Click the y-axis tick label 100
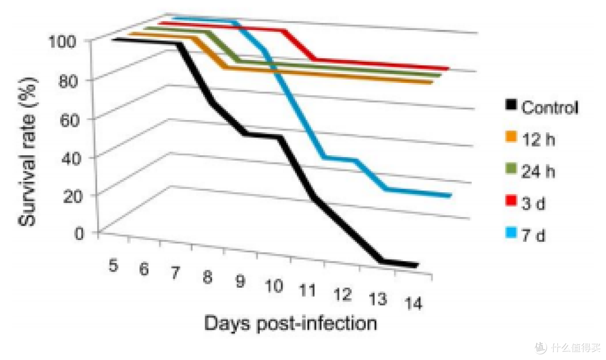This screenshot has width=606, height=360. [x=62, y=41]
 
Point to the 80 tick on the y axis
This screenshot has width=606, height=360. [x=68, y=81]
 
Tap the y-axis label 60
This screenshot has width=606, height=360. [x=70, y=120]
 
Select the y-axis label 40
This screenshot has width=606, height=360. [x=71, y=158]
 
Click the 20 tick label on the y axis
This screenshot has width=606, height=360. [x=73, y=196]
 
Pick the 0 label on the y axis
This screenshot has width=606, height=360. [x=79, y=233]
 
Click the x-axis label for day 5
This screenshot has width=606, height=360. [x=113, y=266]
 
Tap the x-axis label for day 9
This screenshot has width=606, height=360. [x=240, y=281]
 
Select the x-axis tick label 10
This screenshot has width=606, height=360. [x=274, y=286]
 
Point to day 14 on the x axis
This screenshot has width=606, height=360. [x=414, y=303]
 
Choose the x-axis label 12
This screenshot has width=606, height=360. [x=342, y=295]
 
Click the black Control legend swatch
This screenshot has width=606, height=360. [x=511, y=105]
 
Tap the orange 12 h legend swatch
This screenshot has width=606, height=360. [x=511, y=137]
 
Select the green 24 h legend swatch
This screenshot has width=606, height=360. [x=511, y=168]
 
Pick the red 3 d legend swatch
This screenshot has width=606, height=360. [x=511, y=201]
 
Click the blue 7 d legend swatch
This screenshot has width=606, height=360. [x=511, y=232]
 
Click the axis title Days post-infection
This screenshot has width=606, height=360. [x=291, y=324]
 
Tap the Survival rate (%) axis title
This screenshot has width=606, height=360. [x=27, y=151]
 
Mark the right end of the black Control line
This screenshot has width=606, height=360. [x=417, y=265]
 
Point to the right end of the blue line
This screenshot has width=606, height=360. [x=450, y=196]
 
